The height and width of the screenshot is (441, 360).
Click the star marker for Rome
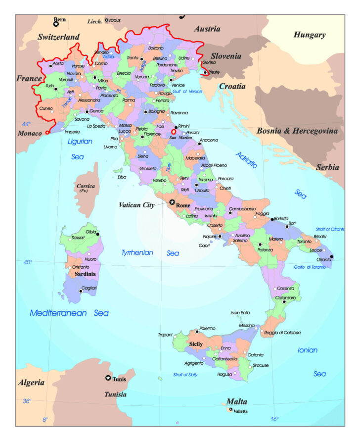[172, 202]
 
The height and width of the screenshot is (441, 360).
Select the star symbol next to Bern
[56, 24]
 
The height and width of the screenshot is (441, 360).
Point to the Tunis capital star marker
[108, 378]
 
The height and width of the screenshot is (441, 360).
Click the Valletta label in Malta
[240, 411]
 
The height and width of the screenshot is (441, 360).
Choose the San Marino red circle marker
[174, 132]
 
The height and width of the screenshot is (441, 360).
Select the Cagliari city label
[89, 288]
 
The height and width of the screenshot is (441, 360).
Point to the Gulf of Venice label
[187, 92]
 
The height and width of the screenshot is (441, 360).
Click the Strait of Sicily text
[185, 375]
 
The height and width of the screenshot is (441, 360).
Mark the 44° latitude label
[26, 124]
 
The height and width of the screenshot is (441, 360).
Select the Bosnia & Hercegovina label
[297, 131]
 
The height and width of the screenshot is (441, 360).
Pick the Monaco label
[30, 133]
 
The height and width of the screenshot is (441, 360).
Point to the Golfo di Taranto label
[310, 267]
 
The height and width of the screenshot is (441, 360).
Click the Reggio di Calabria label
[282, 333]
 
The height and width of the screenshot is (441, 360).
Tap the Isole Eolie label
[241, 313]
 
